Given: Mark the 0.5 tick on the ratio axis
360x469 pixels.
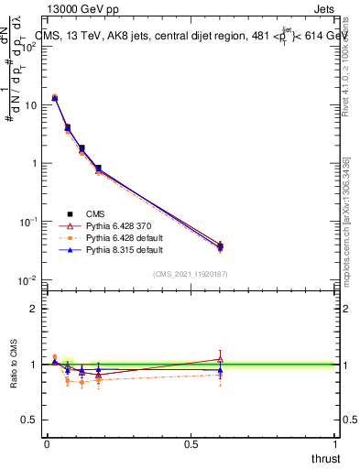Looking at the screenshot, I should pyautogui.click(x=33, y=420).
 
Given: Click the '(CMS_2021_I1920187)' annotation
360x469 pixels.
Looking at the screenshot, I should pyautogui.click(x=190, y=274).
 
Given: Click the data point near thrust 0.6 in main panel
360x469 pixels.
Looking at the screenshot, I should pyautogui.click(x=220, y=245).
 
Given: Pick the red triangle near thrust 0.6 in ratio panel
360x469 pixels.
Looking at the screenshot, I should pyautogui.click(x=220, y=359).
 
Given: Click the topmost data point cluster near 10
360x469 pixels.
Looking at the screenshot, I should pyautogui.click(x=55, y=97).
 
